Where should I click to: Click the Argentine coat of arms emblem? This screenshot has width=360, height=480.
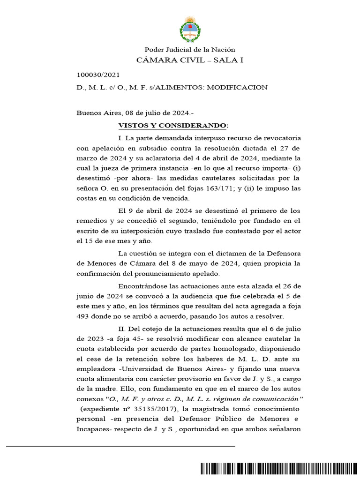[190, 29]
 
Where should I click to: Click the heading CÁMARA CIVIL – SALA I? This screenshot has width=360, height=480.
[190, 60]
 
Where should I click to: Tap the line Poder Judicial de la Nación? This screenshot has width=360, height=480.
[190, 50]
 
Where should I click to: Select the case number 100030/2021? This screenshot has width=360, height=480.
[98, 75]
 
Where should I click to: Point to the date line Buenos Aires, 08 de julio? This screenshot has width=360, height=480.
[133, 113]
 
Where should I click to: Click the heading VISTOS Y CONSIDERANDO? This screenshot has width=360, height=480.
[173, 126]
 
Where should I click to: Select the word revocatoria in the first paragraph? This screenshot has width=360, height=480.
[282, 138]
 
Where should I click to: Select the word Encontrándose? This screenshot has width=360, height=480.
[146, 286]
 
